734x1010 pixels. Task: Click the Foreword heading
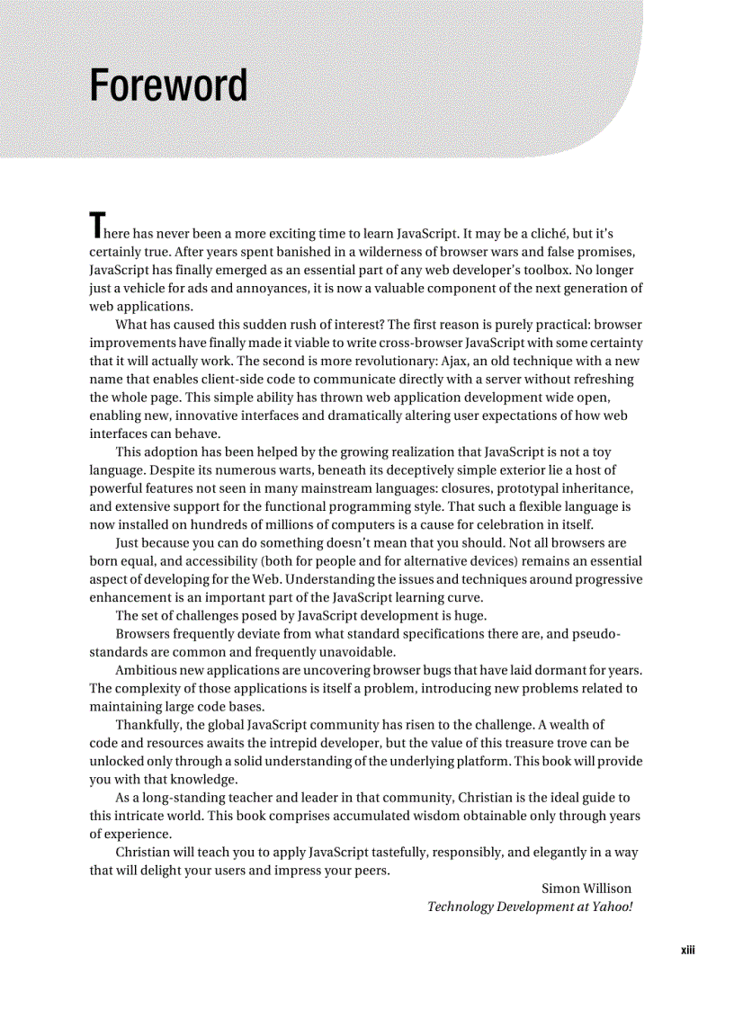tap(168, 86)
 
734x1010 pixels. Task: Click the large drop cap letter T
tap(97, 225)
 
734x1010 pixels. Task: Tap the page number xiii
tap(688, 950)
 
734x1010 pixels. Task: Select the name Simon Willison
tap(586, 889)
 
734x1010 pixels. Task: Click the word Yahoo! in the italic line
tap(612, 907)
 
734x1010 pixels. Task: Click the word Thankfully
tap(149, 725)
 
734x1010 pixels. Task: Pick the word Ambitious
tap(148, 671)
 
